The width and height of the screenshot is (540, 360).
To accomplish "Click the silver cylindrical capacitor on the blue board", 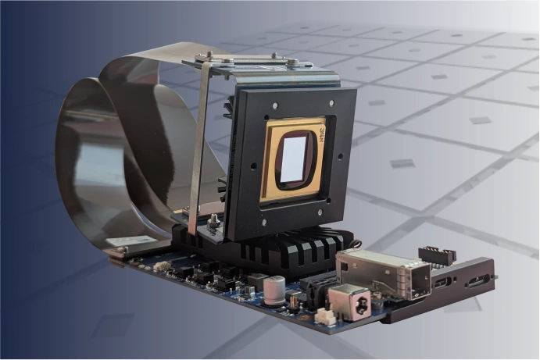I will (x=275, y=291).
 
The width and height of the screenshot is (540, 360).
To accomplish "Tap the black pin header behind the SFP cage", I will (x=437, y=255).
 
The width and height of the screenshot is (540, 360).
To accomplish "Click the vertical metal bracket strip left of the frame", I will (x=200, y=156).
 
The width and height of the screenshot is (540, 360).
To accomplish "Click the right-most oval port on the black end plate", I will (x=476, y=279).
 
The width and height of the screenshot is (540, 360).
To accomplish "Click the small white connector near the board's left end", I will (x=163, y=266).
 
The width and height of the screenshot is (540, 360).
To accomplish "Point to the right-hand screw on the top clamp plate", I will (x=274, y=56).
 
